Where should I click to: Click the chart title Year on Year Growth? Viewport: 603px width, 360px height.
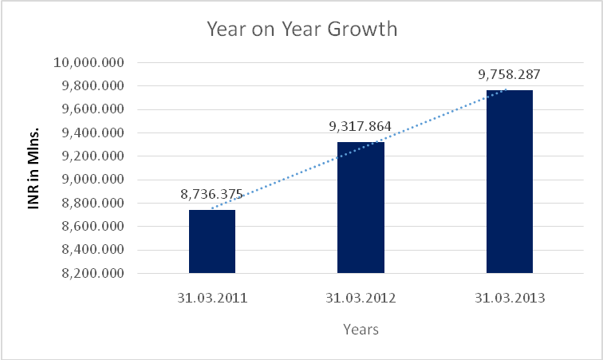[x=301, y=30]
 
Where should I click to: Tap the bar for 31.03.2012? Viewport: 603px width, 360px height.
[x=361, y=208]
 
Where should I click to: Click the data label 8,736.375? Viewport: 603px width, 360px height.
[x=211, y=195]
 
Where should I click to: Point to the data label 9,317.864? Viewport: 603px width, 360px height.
[x=361, y=126]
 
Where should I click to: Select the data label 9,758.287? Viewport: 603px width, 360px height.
[x=510, y=75]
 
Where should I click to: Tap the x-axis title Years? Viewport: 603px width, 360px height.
[x=360, y=329]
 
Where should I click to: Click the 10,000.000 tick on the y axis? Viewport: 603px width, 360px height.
[x=89, y=63]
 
